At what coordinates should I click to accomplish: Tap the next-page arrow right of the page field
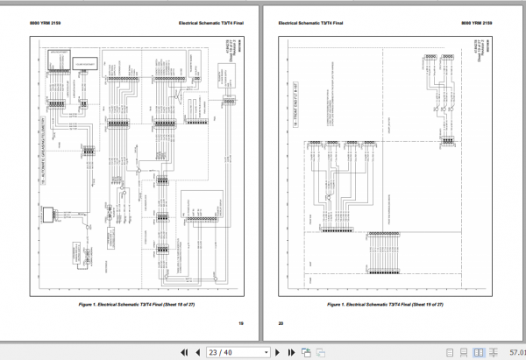pyautogui.click(x=277, y=351)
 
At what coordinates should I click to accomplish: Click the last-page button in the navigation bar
pyautogui.click(x=291, y=351)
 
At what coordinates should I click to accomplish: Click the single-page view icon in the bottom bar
pyautogui.click(x=306, y=351)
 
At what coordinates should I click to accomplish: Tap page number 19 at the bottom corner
pyautogui.click(x=240, y=323)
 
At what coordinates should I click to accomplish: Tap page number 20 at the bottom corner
pyautogui.click(x=281, y=323)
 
